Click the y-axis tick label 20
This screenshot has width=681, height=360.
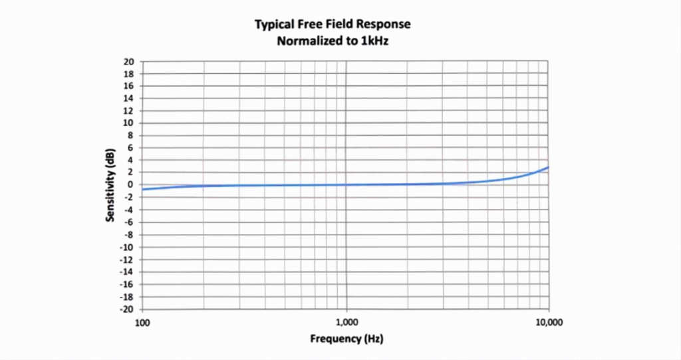point(130,62)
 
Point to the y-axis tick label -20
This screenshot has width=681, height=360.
point(128,309)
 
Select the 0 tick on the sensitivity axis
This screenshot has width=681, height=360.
point(132,185)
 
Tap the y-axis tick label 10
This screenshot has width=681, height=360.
point(130,123)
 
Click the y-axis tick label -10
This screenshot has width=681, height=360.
point(128,247)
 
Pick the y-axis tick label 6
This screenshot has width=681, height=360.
point(132,148)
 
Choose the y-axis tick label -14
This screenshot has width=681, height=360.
point(128,271)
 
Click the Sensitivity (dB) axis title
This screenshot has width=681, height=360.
point(110,185)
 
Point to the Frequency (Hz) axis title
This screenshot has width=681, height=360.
point(346,339)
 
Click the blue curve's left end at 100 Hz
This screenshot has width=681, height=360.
point(143,190)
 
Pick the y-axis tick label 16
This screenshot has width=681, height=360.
point(130,87)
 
